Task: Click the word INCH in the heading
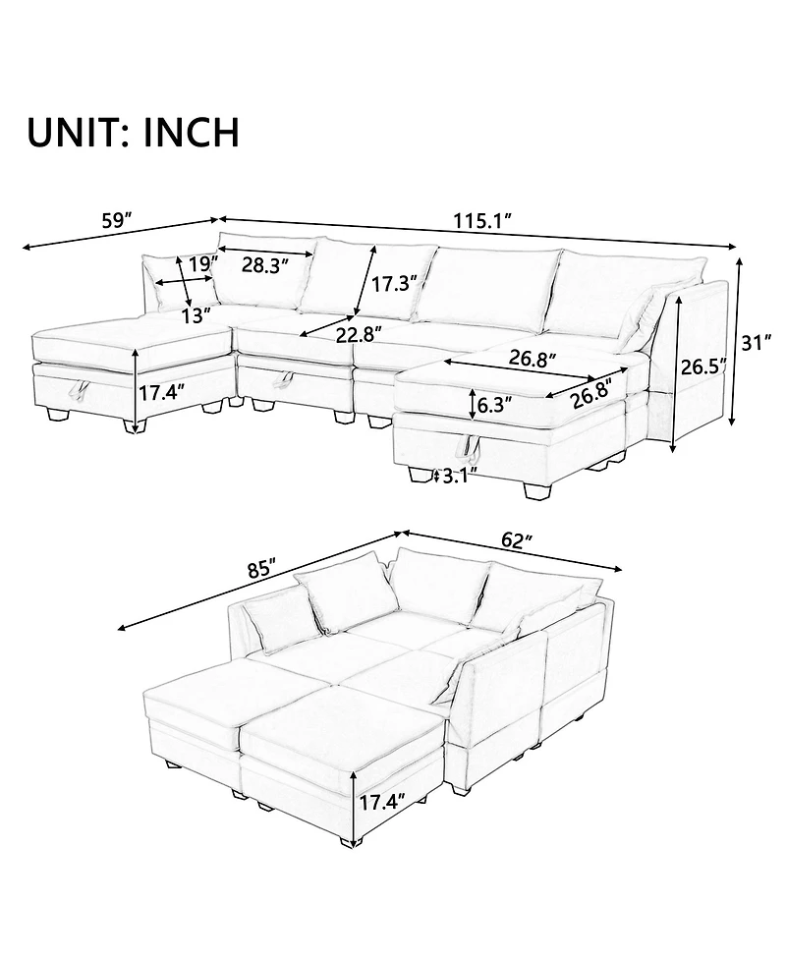tap(191, 133)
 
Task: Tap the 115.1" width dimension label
tap(482, 220)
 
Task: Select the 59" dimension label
tap(118, 220)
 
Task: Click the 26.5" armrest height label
tap(702, 369)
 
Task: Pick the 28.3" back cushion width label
tap(265, 265)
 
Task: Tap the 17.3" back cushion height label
tap(395, 283)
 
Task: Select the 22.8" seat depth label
tap(360, 334)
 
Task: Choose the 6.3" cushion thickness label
tap(494, 405)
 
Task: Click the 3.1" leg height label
tap(459, 476)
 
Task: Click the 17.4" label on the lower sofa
tap(382, 802)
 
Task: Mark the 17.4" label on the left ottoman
tap(161, 392)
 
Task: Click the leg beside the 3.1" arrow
tap(420, 476)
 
